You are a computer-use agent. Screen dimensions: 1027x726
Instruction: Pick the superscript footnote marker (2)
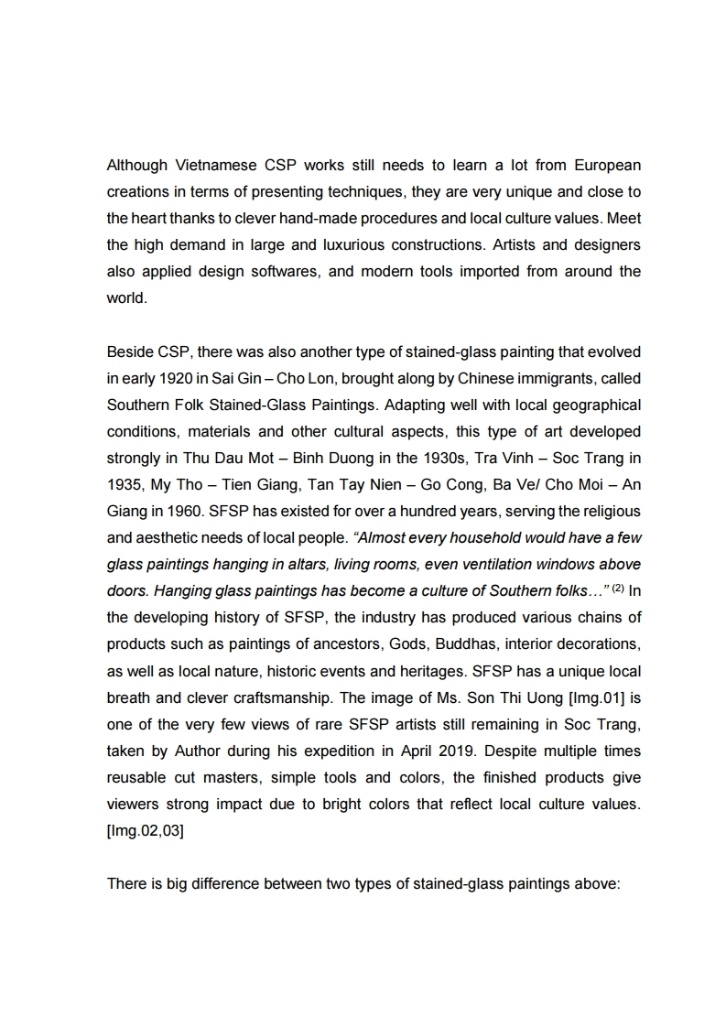(x=619, y=588)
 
